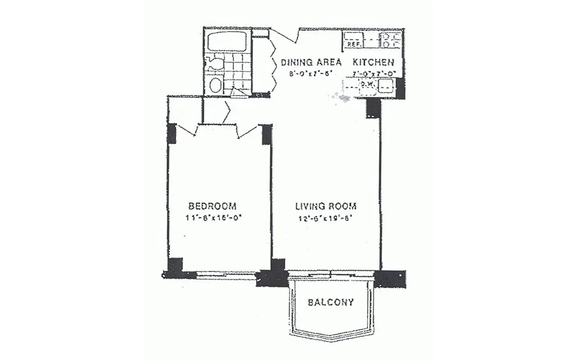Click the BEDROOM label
tap(212, 206)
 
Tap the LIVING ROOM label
tap(326, 207)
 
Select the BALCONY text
tap(331, 302)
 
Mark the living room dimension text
tap(324, 220)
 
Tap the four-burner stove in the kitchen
tap(390, 40)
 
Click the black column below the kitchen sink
tap(373, 108)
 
